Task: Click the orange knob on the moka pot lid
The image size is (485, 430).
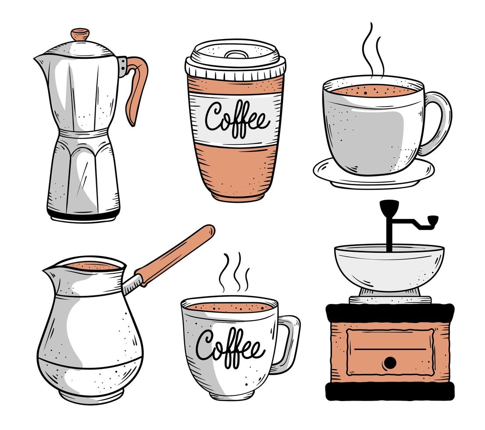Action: [80, 34]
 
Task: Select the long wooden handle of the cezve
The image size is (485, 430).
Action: [175, 254]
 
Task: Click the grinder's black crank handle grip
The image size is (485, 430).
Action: [432, 219]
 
